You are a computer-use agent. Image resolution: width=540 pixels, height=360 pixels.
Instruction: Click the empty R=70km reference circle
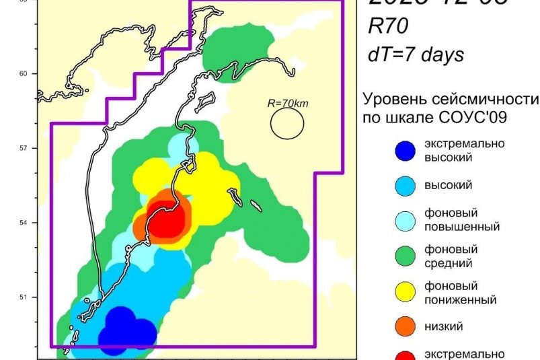287,124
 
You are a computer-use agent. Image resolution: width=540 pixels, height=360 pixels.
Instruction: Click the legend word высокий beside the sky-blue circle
449,185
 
